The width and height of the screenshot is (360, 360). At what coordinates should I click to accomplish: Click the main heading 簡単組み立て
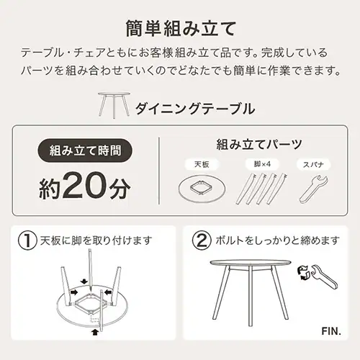click(180, 30)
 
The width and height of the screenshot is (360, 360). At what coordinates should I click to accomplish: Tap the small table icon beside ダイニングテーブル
click(112, 104)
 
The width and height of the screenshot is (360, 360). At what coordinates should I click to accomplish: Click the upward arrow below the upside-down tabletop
click(95, 331)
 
